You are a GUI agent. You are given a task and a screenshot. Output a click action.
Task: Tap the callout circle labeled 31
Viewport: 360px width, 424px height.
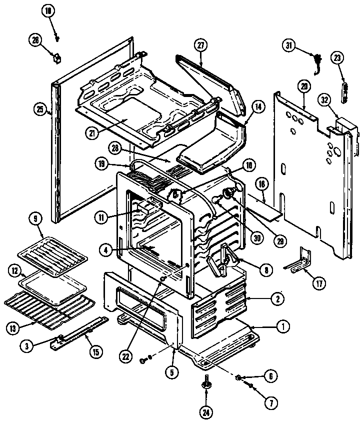click(x=288, y=45)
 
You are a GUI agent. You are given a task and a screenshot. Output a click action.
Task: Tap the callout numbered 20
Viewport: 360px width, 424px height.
click(x=303, y=86)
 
